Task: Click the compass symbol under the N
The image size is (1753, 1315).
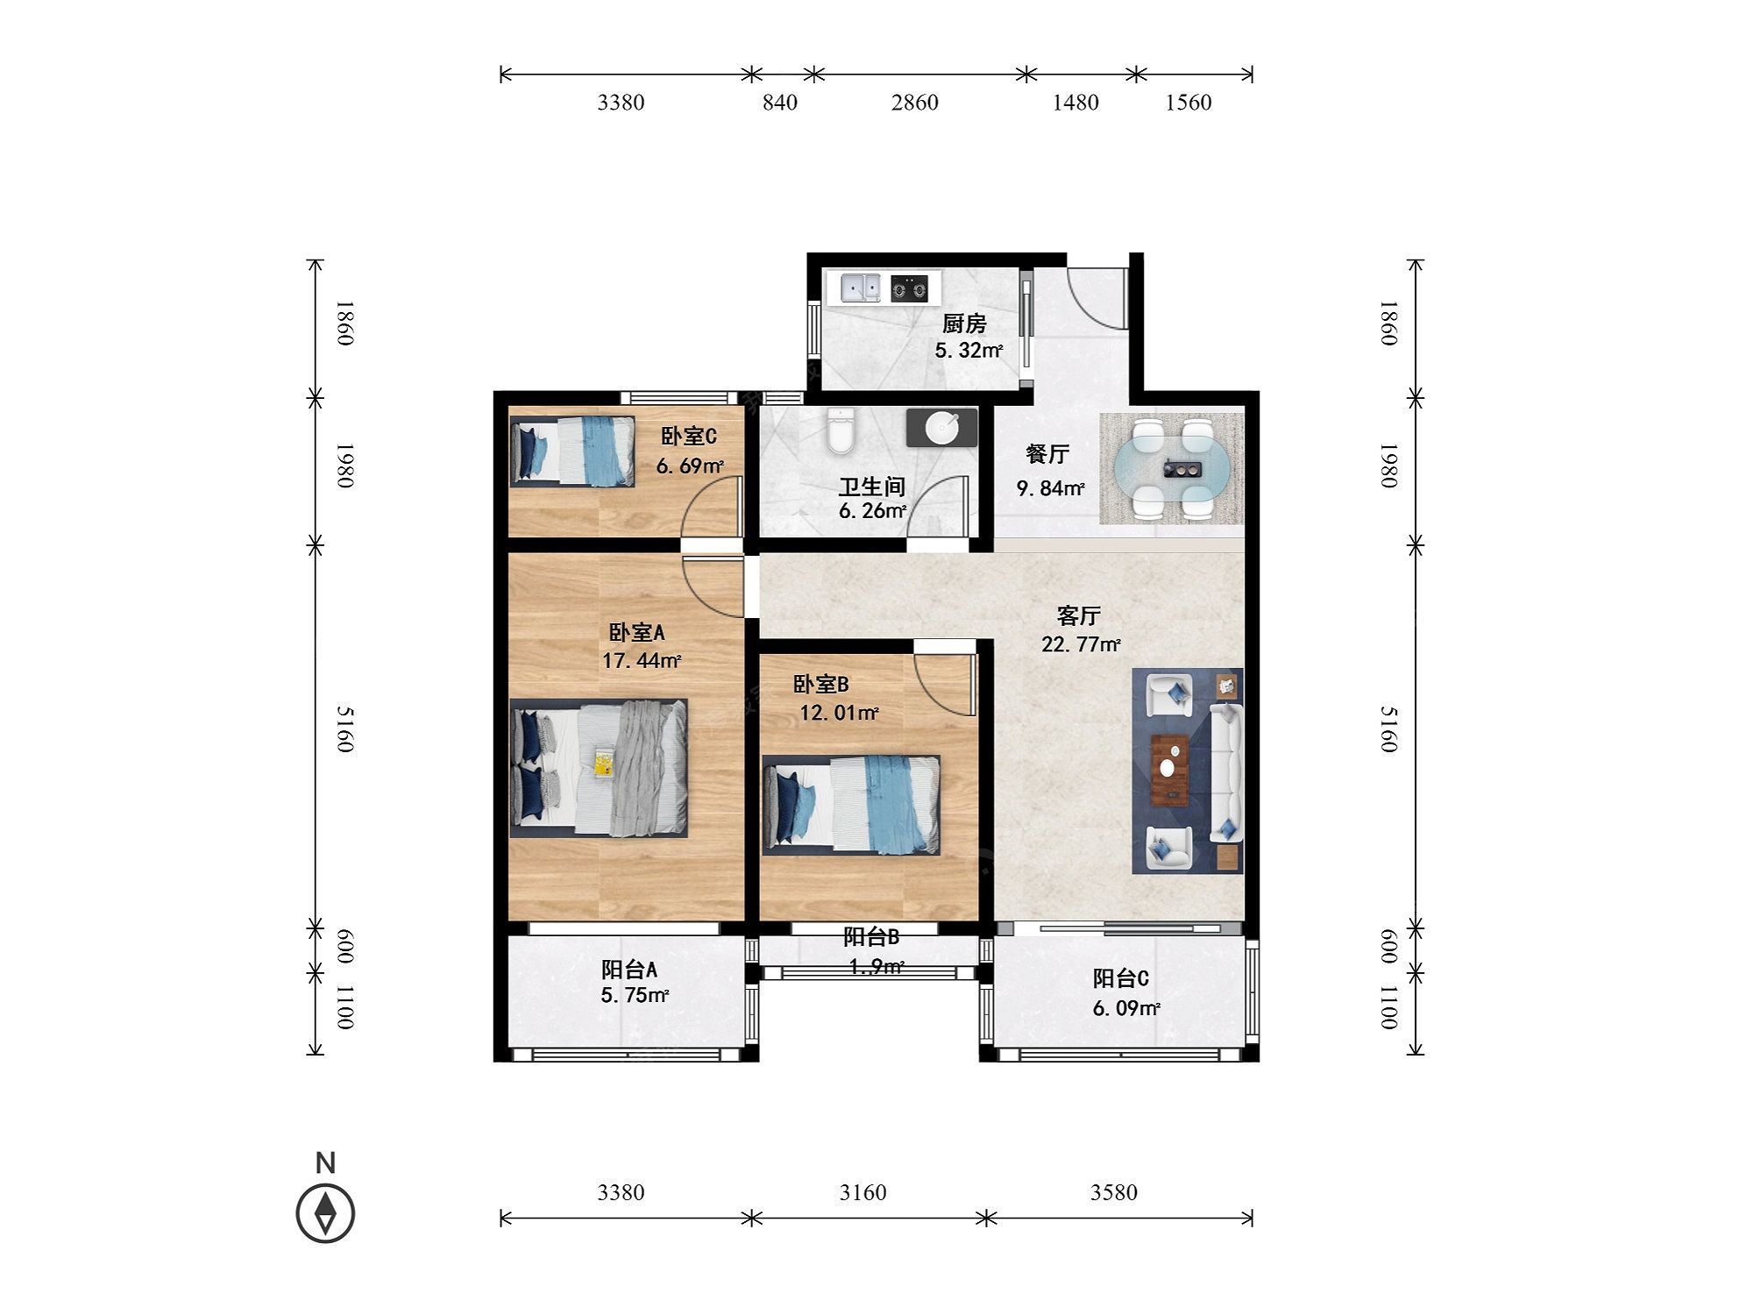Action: tap(326, 1213)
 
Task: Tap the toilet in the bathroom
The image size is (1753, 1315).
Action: tap(841, 431)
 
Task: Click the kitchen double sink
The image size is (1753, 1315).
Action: tap(860, 288)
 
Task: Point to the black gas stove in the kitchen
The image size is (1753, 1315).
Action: tap(909, 288)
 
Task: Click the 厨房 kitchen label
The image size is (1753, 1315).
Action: tap(964, 324)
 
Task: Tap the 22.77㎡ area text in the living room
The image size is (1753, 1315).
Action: tap(1081, 644)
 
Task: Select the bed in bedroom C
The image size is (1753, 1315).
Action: tap(572, 451)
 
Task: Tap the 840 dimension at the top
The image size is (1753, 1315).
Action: tap(780, 103)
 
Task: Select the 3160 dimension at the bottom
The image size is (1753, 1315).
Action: tap(863, 1192)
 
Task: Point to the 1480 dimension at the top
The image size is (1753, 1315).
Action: tap(1075, 103)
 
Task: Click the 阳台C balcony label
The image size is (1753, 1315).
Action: tap(1121, 978)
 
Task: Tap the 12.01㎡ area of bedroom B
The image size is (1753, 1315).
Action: tap(839, 713)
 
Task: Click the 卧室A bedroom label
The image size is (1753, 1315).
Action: tap(637, 632)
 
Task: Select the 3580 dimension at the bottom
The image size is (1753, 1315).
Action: tap(1114, 1192)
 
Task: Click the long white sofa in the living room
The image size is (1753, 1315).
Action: tap(1226, 772)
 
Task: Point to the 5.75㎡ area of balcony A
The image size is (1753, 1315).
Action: tap(635, 995)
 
